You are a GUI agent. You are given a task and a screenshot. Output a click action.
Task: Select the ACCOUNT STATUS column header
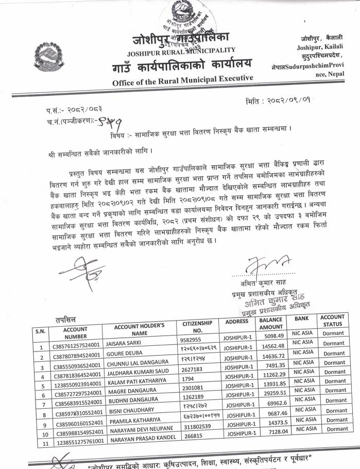333,321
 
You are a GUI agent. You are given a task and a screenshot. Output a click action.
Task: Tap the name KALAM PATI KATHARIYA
134,382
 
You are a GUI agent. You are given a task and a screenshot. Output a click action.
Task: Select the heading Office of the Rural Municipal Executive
183,78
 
